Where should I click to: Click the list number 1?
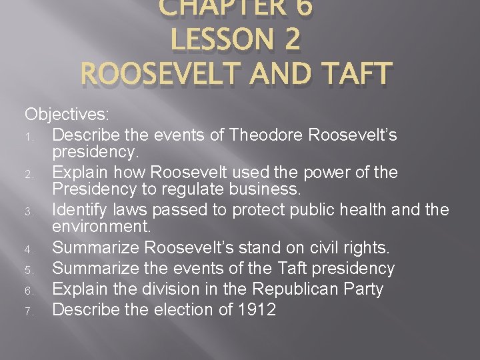[30, 137]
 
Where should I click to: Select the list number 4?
[30, 250]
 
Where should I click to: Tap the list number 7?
[30, 311]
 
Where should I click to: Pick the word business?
[265, 191]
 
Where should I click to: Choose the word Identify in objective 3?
[76, 210]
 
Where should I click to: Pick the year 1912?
[257, 310]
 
